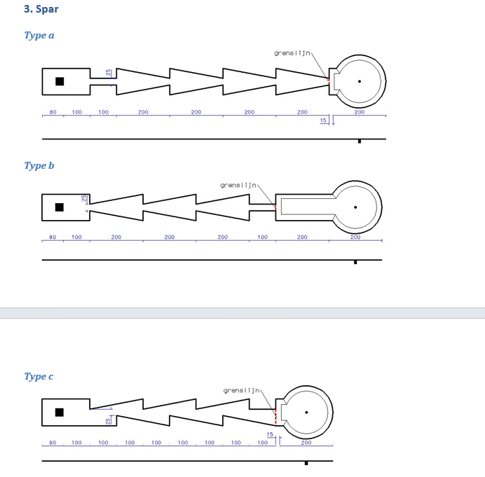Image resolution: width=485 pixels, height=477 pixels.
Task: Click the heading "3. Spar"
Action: point(41,10)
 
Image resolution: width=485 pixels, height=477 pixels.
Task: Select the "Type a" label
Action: point(39,36)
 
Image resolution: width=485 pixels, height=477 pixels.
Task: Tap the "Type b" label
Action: point(39,166)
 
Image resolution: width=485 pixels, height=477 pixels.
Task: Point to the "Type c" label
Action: point(39,377)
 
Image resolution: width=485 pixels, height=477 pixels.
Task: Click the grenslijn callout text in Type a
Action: point(292,53)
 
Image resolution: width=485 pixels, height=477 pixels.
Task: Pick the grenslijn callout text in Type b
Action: point(238,186)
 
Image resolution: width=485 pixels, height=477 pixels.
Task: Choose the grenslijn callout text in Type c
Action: point(242,390)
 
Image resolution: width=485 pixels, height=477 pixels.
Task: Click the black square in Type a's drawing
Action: point(60,81)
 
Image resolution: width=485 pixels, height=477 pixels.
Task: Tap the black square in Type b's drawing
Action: point(60,207)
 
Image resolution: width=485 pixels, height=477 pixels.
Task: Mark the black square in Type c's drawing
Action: point(60,412)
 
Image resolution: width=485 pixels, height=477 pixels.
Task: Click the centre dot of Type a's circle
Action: point(360,81)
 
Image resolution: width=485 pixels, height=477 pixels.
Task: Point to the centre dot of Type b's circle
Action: point(355,207)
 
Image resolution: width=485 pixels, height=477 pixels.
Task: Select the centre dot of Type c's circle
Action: point(306,412)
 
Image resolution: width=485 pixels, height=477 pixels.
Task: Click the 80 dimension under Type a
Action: point(53,112)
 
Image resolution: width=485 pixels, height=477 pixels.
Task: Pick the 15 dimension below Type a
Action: point(323,121)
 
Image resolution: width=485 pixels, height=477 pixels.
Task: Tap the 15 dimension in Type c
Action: point(270,435)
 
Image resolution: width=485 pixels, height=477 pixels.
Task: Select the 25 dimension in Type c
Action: point(108,421)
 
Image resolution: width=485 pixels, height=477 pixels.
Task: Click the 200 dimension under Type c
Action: point(306,443)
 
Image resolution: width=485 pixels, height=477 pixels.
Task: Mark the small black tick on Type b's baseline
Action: point(355,262)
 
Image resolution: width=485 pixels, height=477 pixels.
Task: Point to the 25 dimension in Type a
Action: point(108,73)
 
